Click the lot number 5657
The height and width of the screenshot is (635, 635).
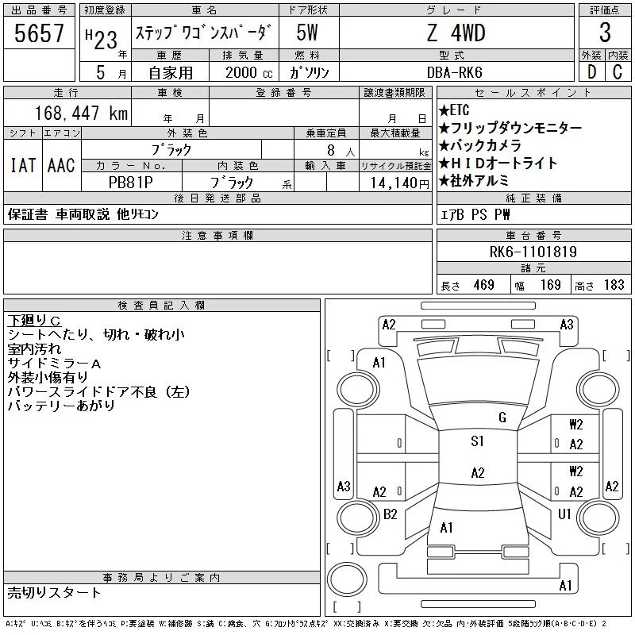39,33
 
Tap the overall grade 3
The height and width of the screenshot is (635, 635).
605,33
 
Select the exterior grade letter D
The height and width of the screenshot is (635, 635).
591,72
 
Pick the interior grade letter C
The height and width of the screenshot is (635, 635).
618,72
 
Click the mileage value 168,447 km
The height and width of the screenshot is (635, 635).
81,113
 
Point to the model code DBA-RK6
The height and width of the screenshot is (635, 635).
454,72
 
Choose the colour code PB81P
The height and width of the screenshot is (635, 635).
131,183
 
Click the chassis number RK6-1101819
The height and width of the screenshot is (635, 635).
533,252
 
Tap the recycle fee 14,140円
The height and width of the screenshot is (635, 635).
399,183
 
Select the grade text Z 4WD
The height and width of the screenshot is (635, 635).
456,33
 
